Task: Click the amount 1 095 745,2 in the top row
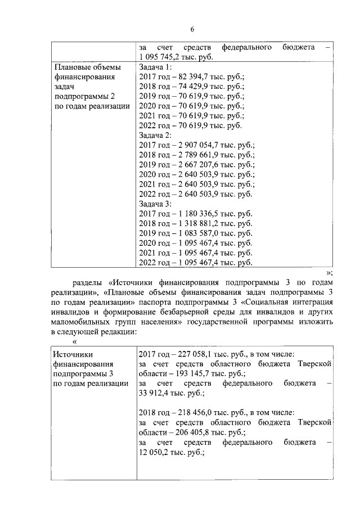(162, 57)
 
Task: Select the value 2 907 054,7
(197, 145)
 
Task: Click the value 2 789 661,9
(197, 155)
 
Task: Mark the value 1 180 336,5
(197, 214)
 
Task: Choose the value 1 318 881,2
(197, 224)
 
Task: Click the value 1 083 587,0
(197, 233)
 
